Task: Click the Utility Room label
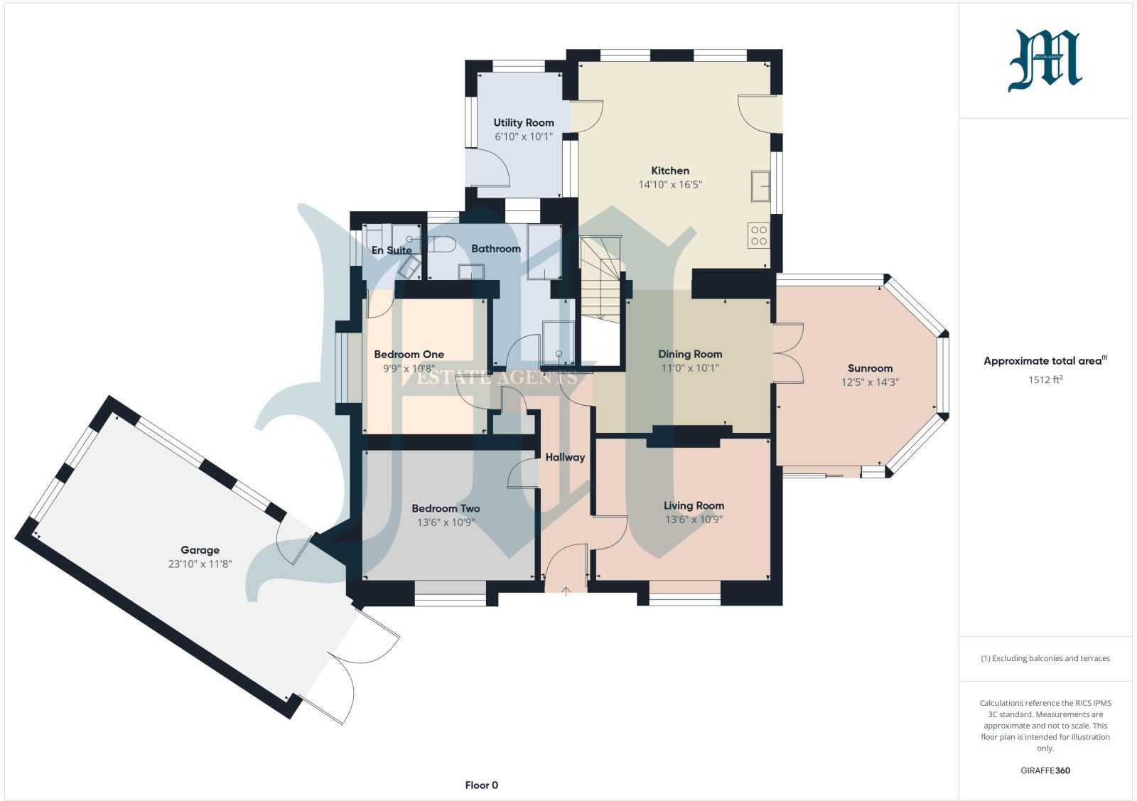coord(524,122)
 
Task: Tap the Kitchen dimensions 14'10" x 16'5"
coord(670,185)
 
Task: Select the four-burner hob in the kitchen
coord(758,235)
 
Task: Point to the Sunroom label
coord(870,368)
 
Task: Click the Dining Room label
coord(689,354)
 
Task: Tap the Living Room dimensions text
coord(694,520)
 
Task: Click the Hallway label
coord(565,457)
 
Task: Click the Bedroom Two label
coord(446,508)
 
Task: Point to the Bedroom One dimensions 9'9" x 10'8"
coord(409,368)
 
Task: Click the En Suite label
coord(392,250)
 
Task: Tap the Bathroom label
coord(496,249)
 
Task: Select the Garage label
coord(200,549)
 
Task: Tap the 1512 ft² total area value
coord(1045,380)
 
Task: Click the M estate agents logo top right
coord(1045,61)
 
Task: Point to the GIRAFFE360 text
coord(1045,770)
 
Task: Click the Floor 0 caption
coord(481,785)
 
